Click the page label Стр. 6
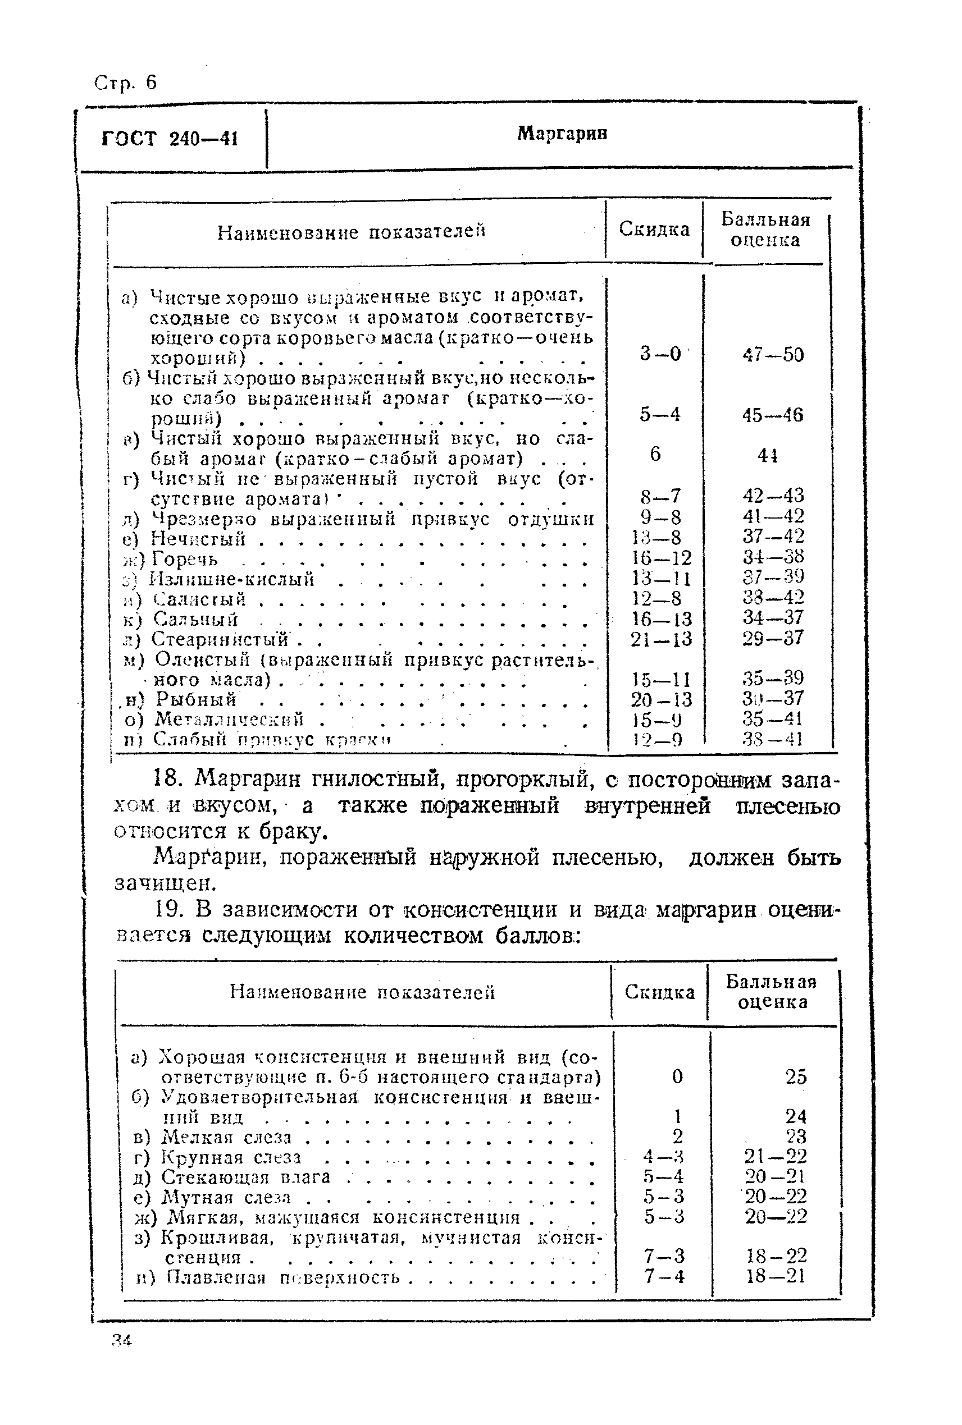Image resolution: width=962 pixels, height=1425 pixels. pyautogui.click(x=126, y=82)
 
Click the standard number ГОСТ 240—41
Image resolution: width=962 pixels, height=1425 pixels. pyautogui.click(x=170, y=139)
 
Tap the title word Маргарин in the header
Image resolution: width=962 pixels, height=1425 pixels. pyautogui.click(x=562, y=133)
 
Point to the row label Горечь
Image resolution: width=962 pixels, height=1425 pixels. pyautogui.click(x=185, y=559)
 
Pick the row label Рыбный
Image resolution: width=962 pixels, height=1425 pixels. pyautogui.click(x=195, y=699)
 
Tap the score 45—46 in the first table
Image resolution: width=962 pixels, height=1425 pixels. pyautogui.click(x=772, y=415)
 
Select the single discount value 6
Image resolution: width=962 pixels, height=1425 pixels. pyautogui.click(x=655, y=453)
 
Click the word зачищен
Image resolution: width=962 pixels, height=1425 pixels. pyautogui.click(x=166, y=883)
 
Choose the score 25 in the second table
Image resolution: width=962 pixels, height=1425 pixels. pyautogui.click(x=796, y=1076)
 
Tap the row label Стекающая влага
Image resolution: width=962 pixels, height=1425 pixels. pyautogui.click(x=245, y=1177)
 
